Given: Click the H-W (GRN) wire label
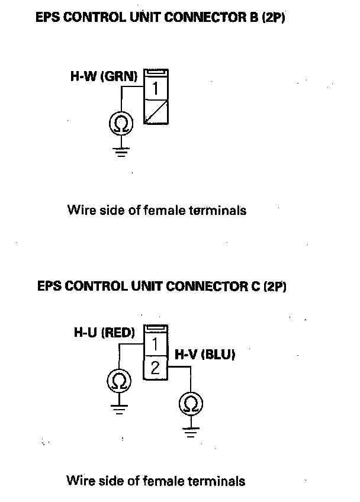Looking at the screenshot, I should [x=104, y=76].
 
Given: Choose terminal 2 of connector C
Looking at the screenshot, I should [x=155, y=368].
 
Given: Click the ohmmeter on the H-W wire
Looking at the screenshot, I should [x=121, y=123].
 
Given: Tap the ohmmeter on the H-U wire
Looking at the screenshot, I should [x=120, y=379].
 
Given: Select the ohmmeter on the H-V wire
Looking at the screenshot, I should [x=191, y=404].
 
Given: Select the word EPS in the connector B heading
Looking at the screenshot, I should [x=49, y=18].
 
